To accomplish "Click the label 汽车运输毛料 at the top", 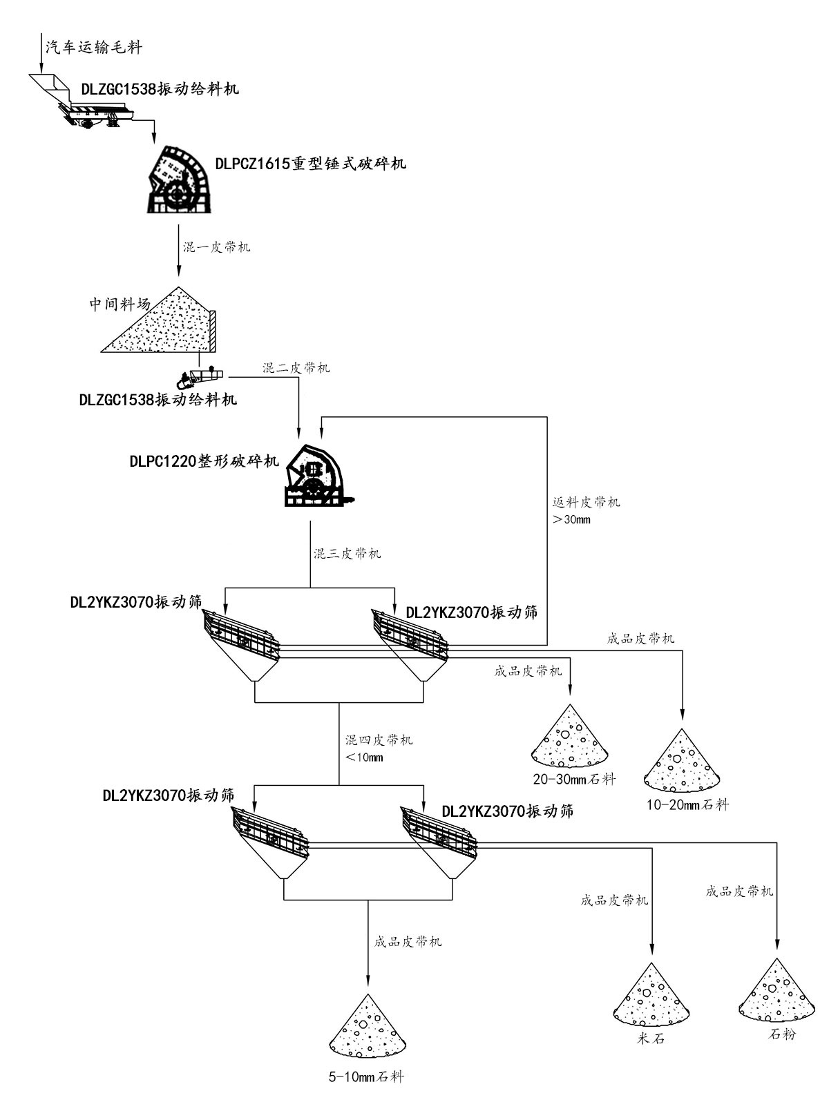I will pos(94,47).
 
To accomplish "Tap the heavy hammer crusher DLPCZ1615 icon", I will pos(179,180).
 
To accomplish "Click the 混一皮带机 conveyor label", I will pos(216,247).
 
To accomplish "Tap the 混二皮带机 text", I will pos(296,367).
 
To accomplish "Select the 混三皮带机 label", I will pos(347,553).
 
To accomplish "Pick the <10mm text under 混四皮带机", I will pos(364,757).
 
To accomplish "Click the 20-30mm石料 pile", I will pos(570,738).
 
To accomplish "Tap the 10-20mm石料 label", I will pos(687,804).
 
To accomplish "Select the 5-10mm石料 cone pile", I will pos(368,1027).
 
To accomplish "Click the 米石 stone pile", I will pos(651,995).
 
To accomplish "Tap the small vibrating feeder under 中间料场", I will pos(199,378).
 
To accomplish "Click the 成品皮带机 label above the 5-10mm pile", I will pos(408,941).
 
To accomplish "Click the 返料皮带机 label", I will pos(587,502).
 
